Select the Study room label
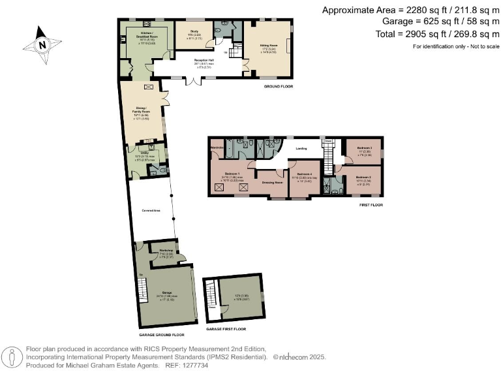pyautogui.click(x=194, y=31)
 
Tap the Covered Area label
pyautogui.click(x=151, y=210)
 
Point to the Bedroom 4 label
pyautogui.click(x=305, y=173)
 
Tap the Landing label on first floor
pyautogui.click(x=301, y=149)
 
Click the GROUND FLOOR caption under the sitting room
pyautogui.click(x=277, y=86)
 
